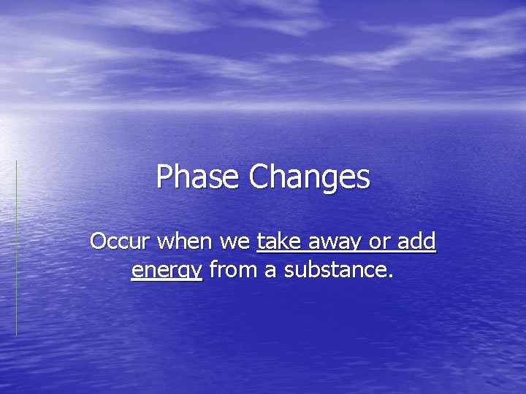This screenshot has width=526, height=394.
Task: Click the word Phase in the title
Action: (x=199, y=177)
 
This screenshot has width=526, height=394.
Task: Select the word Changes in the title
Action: (x=310, y=177)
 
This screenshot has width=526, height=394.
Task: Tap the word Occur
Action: (x=120, y=241)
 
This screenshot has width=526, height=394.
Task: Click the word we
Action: (x=239, y=241)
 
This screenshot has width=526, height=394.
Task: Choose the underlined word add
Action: (x=418, y=241)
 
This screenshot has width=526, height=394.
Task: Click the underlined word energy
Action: (x=167, y=271)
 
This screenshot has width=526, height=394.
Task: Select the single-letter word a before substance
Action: (x=270, y=271)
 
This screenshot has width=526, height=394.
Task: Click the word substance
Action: (x=335, y=270)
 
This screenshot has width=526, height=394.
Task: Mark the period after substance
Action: (x=391, y=277)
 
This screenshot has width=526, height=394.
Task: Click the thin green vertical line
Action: (x=16, y=248)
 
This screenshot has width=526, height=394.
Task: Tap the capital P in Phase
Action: (x=164, y=177)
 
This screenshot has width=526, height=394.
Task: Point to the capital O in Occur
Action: (x=98, y=241)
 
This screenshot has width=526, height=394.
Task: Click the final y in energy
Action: (x=195, y=273)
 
